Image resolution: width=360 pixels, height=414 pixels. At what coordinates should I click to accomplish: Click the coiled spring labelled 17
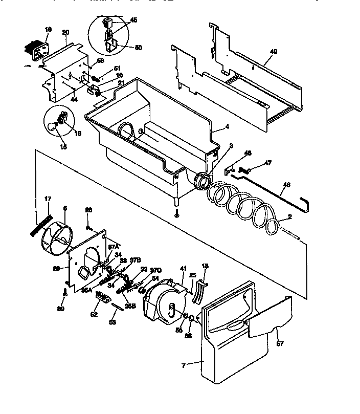click(x=39, y=223)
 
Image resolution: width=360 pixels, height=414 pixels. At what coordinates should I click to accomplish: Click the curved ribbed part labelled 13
click(x=200, y=291)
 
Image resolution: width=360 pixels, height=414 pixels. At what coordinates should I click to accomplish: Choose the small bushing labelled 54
click(x=144, y=291)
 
